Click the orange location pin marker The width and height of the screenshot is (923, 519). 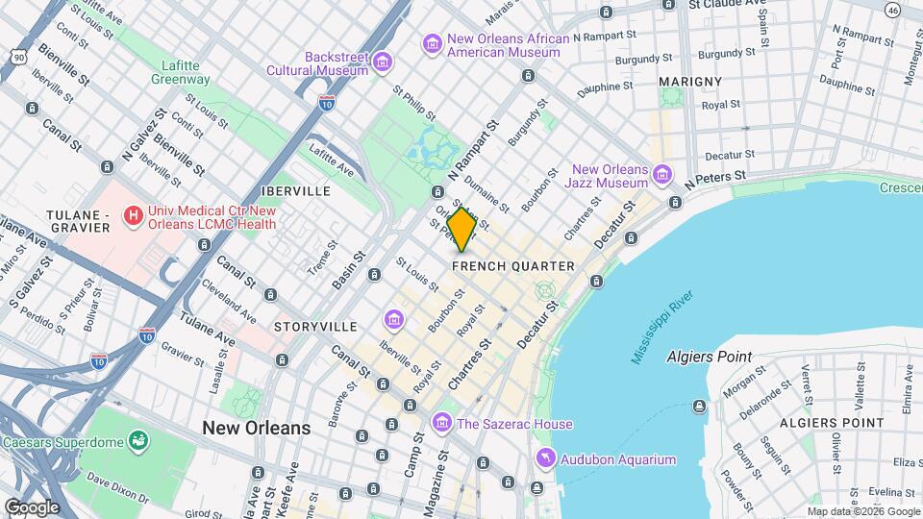tap(462, 229)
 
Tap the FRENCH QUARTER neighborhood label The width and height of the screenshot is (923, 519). tap(513, 266)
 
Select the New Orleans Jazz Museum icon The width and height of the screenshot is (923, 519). tap(661, 175)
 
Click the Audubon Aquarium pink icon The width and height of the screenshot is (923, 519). tap(546, 459)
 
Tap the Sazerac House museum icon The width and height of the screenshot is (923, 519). tap(441, 423)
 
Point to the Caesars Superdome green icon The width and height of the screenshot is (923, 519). tap(139, 441)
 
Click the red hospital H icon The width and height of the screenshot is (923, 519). tap(133, 216)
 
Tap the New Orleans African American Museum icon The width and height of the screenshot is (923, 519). tap(433, 44)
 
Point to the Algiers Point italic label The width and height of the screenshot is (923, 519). tap(709, 357)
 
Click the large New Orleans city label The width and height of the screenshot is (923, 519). tap(256, 428)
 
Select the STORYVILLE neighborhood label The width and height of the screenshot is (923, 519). tap(315, 327)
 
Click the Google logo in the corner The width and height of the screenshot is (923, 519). tap(31, 507)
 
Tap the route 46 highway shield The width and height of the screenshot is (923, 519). tap(893, 9)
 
